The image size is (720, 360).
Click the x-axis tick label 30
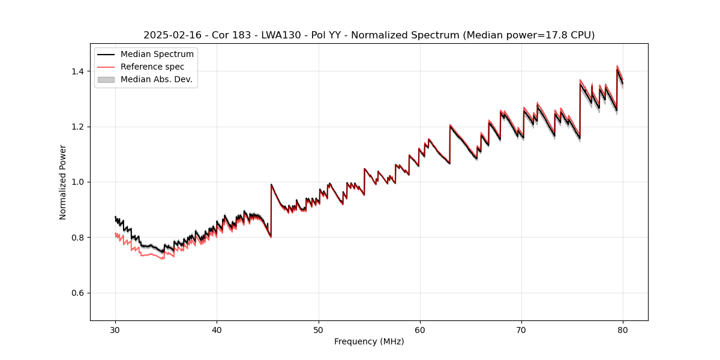115,329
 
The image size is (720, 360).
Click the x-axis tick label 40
217,329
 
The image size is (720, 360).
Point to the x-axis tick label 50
319,329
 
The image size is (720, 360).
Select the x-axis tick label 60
420,329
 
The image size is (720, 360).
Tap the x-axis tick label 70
521,329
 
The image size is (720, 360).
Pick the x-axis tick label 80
623,329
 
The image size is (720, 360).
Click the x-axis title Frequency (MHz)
369,341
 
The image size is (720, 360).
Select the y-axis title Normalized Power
63,182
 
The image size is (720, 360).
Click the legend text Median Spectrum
157,55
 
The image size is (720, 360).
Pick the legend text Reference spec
152,67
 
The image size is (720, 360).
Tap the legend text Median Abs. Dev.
157,79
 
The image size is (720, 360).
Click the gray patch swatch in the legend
106,79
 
